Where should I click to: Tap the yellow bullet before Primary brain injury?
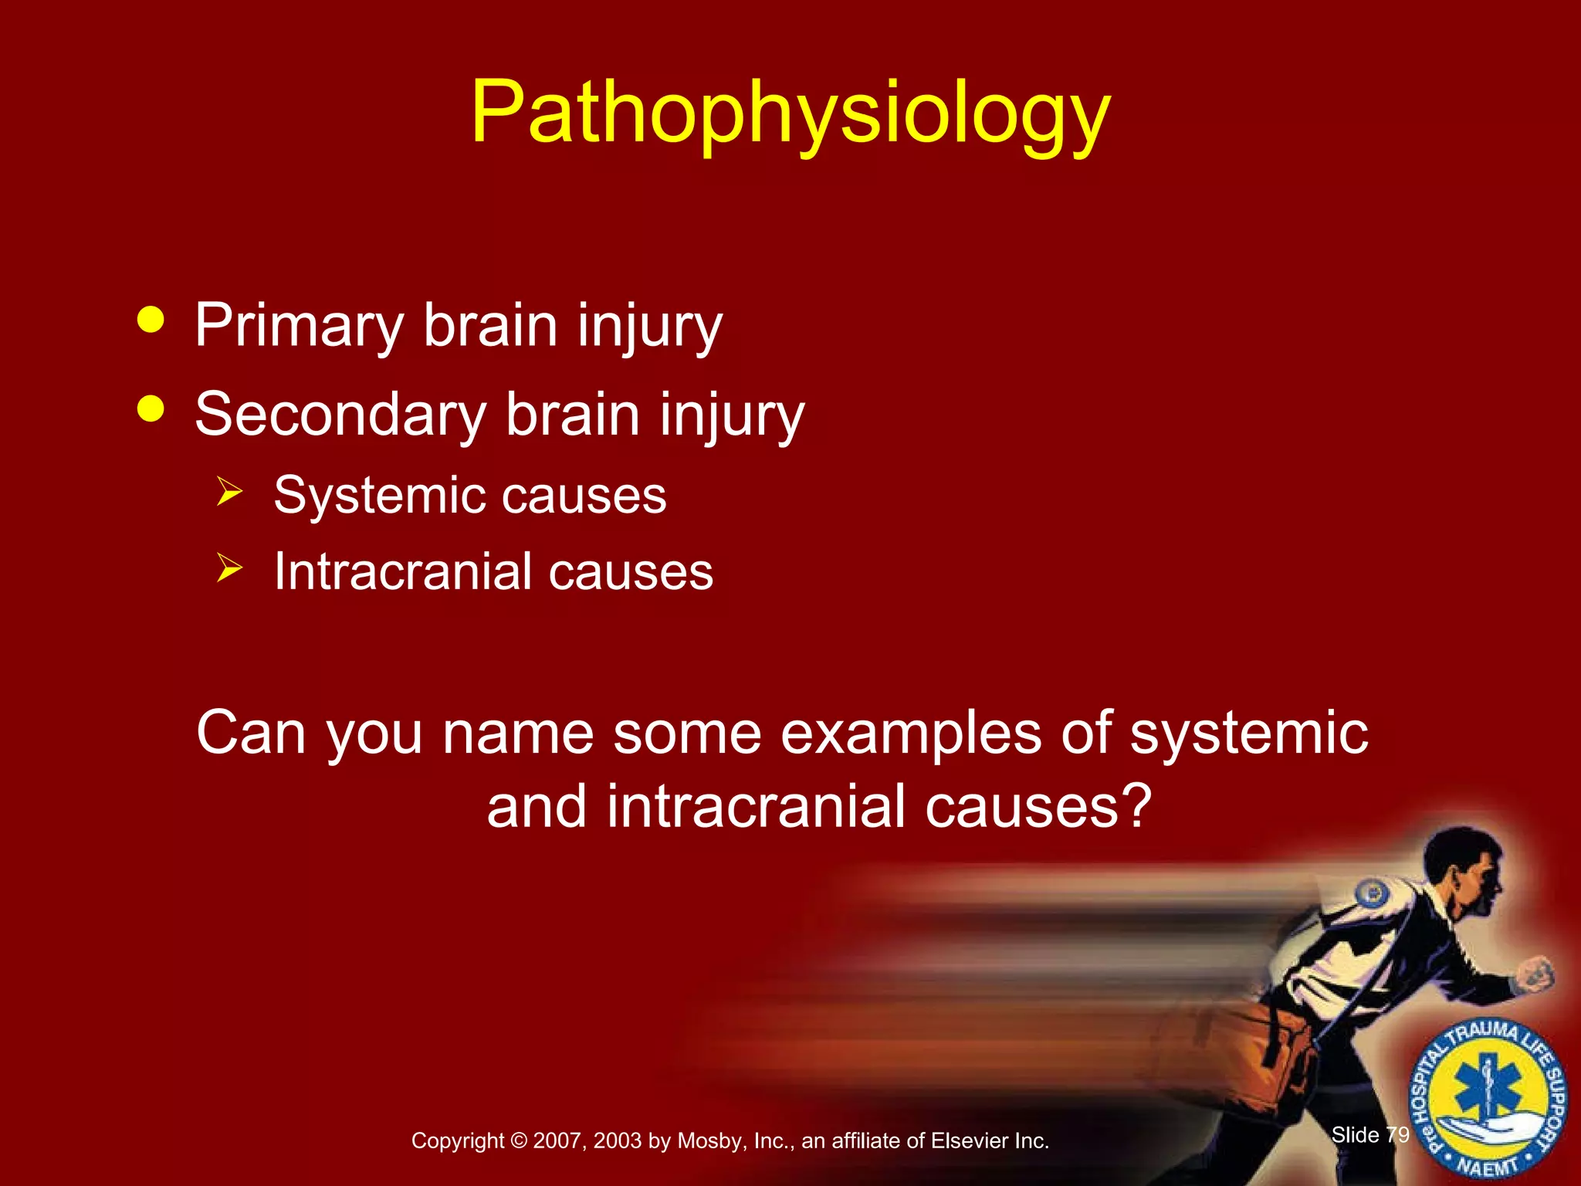(151, 320)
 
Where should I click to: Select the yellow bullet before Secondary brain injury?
(151, 408)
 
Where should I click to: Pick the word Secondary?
(340, 415)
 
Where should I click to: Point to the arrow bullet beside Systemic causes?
(229, 491)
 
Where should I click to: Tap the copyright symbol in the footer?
(518, 1140)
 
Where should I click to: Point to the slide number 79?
(1397, 1134)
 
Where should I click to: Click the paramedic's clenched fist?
(1535, 977)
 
